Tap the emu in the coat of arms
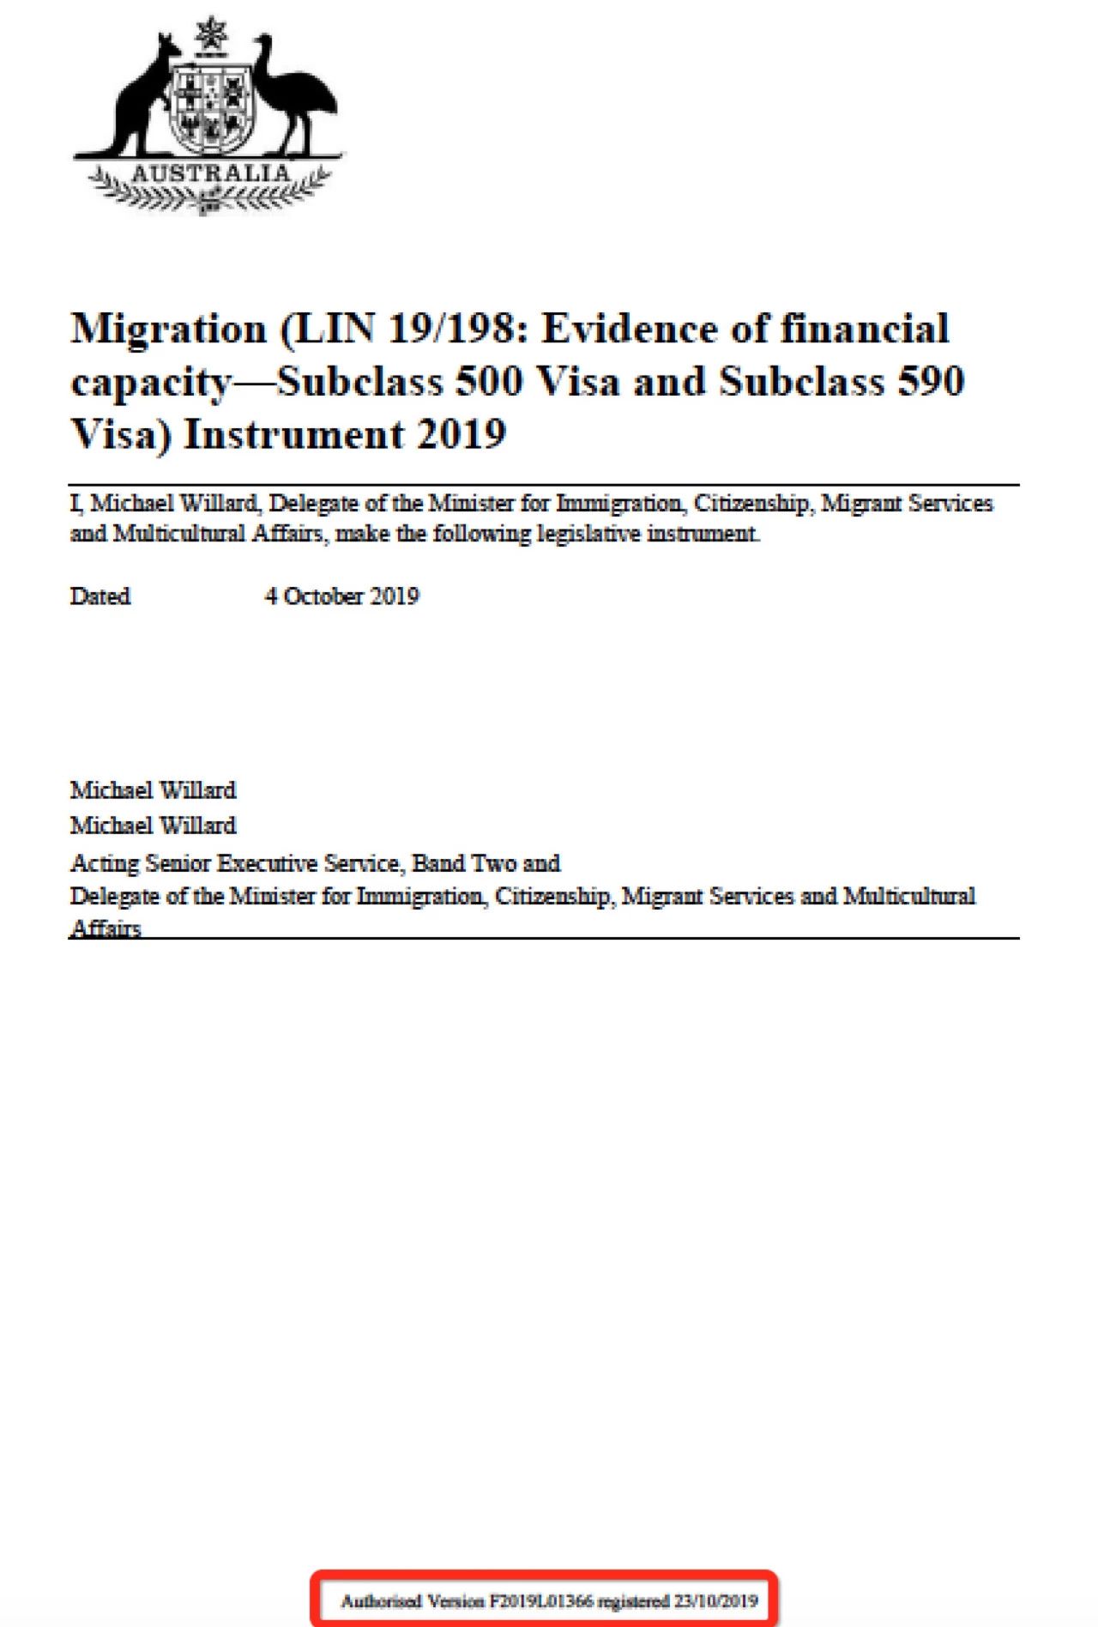pos(296,99)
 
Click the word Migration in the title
pos(169,330)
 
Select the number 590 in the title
pos(931,382)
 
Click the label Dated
pos(100,596)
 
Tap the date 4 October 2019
pos(341,596)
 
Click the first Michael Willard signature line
pos(153,789)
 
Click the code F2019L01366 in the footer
pos(541,1600)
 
